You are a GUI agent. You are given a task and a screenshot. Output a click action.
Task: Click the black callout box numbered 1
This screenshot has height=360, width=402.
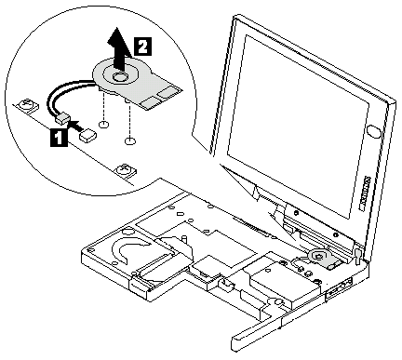tap(59, 138)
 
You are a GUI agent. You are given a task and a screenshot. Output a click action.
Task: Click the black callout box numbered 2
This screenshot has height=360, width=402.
tap(142, 47)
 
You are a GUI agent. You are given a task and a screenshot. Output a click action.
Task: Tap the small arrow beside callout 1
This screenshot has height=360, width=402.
tap(74, 126)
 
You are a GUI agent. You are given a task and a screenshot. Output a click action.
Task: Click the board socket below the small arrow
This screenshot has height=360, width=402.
tap(88, 135)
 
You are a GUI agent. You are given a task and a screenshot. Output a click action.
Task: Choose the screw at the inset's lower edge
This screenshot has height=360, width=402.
tap(127, 170)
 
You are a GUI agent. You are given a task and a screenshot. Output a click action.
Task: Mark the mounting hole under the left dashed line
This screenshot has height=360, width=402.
tap(104, 125)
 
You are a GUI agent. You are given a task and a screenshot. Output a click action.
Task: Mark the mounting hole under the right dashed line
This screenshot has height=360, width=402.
tap(130, 141)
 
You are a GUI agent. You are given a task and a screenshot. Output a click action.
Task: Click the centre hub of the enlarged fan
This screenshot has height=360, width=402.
tap(118, 77)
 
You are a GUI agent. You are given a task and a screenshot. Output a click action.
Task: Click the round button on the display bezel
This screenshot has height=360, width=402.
tap(373, 132)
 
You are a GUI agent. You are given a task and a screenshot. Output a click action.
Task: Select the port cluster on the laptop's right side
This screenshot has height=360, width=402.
tap(340, 287)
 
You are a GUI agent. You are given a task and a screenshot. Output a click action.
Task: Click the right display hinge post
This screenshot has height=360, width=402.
tap(357, 254)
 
